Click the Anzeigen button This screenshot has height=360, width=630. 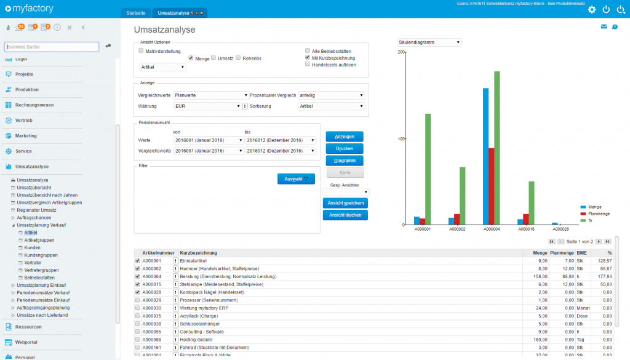344,137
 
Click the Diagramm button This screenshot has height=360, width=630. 344,161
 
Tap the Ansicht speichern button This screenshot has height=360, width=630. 345,203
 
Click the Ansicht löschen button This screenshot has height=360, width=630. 345,215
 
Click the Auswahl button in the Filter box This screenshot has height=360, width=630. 296,179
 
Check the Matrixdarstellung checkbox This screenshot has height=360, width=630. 142,50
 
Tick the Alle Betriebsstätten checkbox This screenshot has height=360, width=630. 308,50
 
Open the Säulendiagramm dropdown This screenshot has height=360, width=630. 429,42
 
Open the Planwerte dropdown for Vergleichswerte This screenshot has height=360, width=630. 210,95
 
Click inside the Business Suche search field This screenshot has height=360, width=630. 52,47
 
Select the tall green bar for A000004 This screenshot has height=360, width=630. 496,148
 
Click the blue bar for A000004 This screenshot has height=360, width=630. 485,156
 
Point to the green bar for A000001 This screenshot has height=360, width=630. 428,169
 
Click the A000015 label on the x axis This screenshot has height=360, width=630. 525,229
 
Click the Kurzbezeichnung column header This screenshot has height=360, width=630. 198,253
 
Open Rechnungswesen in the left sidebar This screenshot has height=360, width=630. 34,105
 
